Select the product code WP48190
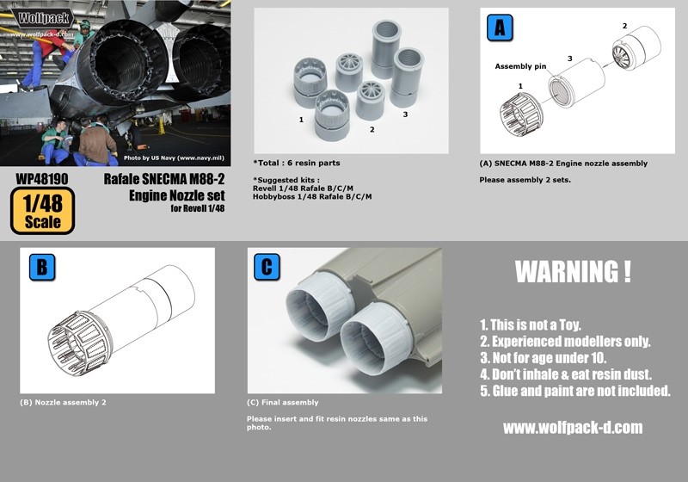pyautogui.click(x=42, y=179)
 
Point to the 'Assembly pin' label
pyautogui.click(x=521, y=65)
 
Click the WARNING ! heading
pyautogui.click(x=572, y=272)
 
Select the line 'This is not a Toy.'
pyautogui.click(x=531, y=324)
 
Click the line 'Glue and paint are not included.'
pyautogui.click(x=574, y=390)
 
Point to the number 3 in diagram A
pyautogui.click(x=569, y=58)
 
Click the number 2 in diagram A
pyautogui.click(x=624, y=26)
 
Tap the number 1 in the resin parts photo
pyautogui.click(x=301, y=120)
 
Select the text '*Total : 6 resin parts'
pyautogui.click(x=297, y=163)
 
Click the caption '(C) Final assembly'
pyautogui.click(x=282, y=402)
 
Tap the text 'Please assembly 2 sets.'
pyautogui.click(x=523, y=180)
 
